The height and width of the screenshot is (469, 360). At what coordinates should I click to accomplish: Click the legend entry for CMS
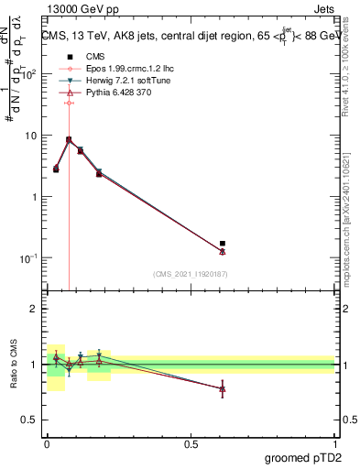pyautogui.click(x=84, y=57)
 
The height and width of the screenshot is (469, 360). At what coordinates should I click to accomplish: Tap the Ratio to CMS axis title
pyautogui.click(x=13, y=365)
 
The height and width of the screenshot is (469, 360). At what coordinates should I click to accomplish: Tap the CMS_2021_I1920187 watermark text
pyautogui.click(x=189, y=274)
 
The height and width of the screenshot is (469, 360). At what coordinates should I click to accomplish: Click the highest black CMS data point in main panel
pyautogui.click(x=69, y=140)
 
